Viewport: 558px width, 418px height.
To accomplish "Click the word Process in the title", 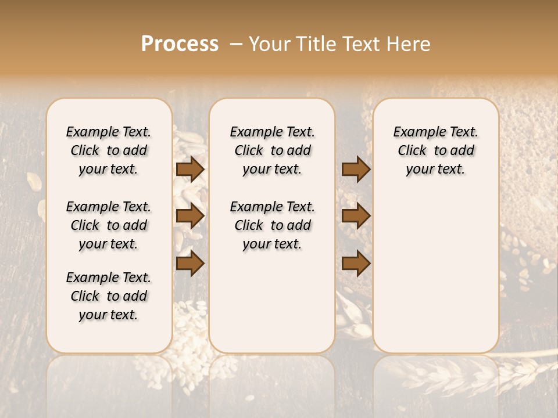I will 180,44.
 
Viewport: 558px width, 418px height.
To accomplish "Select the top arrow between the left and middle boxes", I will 190,170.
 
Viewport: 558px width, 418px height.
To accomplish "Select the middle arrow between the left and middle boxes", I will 190,216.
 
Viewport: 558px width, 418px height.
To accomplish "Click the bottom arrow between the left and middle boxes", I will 190,264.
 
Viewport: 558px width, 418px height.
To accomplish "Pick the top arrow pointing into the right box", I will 356,170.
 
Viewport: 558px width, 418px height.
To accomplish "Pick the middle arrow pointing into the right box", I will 356,216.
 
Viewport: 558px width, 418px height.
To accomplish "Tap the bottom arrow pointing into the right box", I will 356,264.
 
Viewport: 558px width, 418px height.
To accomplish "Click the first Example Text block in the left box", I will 109,150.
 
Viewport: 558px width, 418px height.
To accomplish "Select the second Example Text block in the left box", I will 109,225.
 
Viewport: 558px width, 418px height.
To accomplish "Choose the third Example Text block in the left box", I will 109,296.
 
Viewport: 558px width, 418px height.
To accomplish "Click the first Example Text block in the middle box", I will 272,150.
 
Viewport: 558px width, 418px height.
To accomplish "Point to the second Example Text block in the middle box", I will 272,225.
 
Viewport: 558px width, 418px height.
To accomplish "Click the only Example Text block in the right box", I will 435,150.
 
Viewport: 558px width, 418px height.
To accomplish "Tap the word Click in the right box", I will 412,150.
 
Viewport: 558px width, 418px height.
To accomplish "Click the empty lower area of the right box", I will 435,273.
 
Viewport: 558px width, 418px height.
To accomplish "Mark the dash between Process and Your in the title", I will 234,45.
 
